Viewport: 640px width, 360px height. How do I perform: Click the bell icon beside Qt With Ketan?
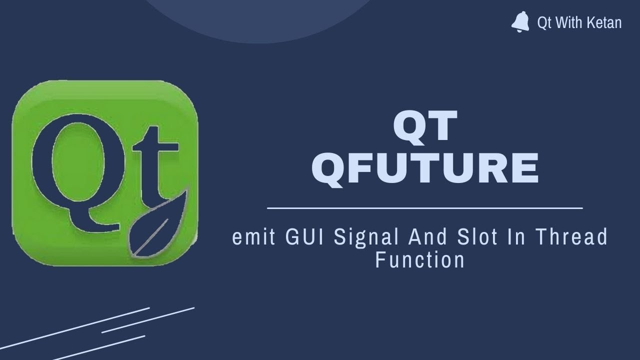click(520, 22)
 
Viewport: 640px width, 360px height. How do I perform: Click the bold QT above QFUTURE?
click(425, 126)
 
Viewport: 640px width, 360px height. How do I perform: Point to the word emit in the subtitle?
click(254, 237)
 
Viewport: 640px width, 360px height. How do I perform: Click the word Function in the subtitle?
click(420, 260)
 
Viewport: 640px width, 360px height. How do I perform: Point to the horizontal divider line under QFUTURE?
click(425, 207)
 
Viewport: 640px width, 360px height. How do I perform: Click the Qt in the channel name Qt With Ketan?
click(543, 22)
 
